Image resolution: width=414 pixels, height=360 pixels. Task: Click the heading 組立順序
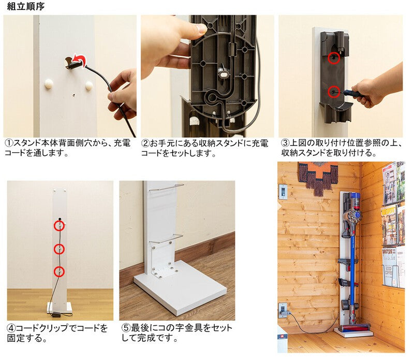[x=25, y=6]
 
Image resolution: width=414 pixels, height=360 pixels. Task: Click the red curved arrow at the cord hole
[x=80, y=60]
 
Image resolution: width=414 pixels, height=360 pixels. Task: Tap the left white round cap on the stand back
[x=49, y=84]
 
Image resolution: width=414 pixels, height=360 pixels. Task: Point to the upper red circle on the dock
[x=334, y=58]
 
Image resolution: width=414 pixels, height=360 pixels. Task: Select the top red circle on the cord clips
[x=60, y=226]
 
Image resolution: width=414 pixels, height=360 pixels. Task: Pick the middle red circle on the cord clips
[x=60, y=249]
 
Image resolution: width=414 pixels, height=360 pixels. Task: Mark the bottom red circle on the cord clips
[x=59, y=271]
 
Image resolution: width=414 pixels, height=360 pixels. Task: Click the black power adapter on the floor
[x=56, y=314]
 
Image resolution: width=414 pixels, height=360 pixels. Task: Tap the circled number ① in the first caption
[x=9, y=143]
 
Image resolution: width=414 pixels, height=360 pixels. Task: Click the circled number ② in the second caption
[x=145, y=143]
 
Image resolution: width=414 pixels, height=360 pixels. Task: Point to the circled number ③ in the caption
[x=285, y=143]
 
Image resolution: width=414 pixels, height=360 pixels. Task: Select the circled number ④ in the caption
[x=11, y=328]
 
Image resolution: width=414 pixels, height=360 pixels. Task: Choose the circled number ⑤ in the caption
[x=126, y=328]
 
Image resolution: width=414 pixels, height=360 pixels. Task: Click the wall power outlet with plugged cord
[x=283, y=310]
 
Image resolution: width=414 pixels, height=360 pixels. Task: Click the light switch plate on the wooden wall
[x=283, y=192]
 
